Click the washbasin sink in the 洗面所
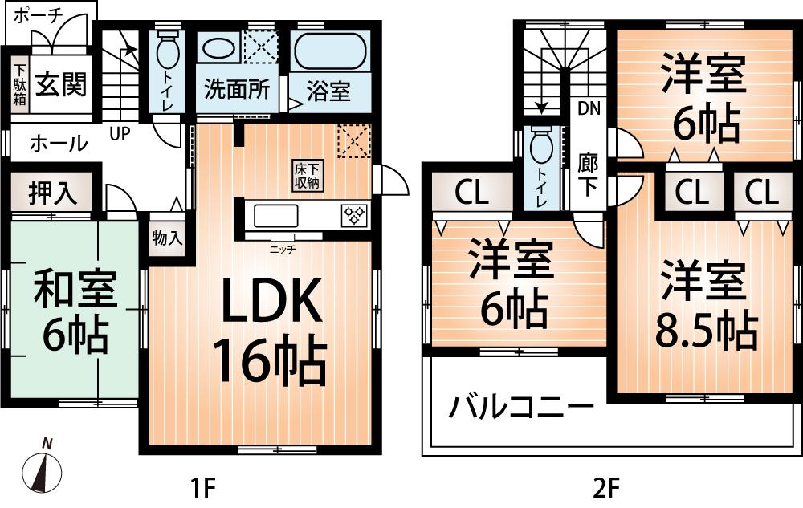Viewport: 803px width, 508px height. pyautogui.click(x=218, y=47)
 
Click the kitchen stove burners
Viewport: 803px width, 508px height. pyautogui.click(x=355, y=215)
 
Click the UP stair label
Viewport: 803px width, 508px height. pyautogui.click(x=120, y=134)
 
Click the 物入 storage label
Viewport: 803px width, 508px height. pyautogui.click(x=168, y=238)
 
